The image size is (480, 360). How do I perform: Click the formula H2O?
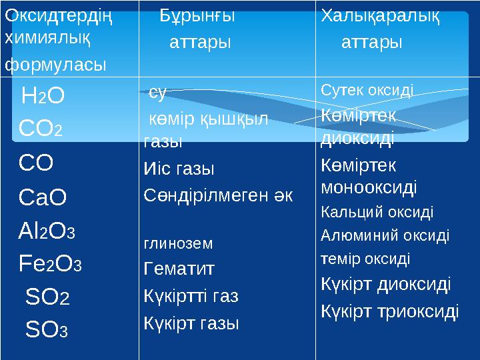pos(43,97)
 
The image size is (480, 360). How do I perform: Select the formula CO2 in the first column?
pos(41,127)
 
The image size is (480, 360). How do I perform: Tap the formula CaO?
pos(43,197)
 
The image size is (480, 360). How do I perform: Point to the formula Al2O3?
pos(47,231)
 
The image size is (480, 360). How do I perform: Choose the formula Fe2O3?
pos(50,265)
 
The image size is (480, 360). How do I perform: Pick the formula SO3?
pos(47,329)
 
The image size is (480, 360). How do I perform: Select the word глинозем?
pos(179,244)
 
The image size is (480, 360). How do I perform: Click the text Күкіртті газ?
pos(191,295)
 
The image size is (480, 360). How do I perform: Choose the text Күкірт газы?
pos(191,323)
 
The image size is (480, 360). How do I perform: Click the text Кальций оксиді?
pos(377,213)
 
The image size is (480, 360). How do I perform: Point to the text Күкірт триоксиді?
pos(390,311)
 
